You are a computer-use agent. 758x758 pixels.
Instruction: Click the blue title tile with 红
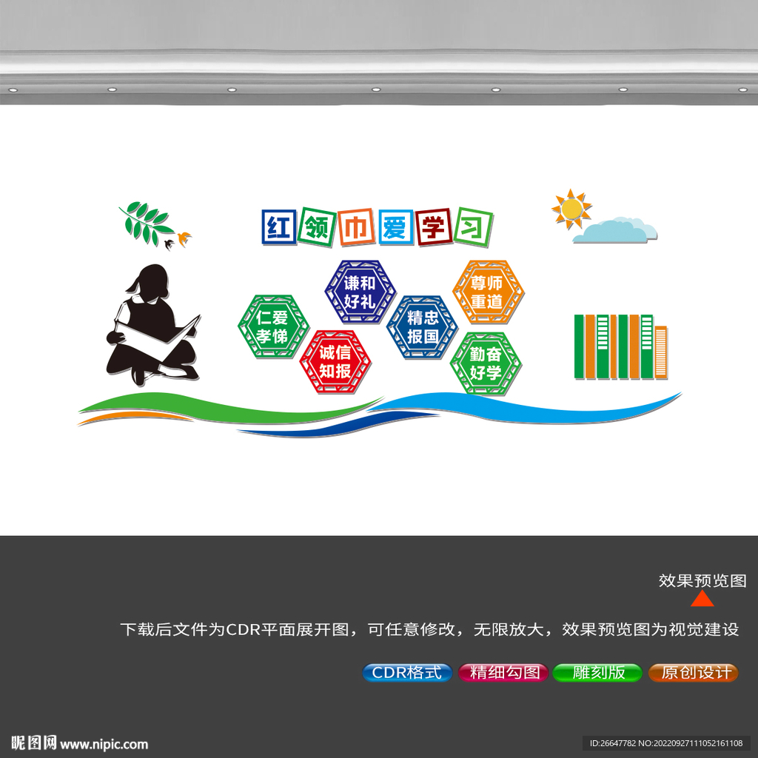pos(279,227)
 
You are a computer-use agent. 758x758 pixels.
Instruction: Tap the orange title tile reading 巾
pos(356,227)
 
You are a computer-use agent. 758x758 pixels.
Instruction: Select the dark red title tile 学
pos(434,227)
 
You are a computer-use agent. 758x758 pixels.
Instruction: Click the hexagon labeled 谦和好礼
pos(360,292)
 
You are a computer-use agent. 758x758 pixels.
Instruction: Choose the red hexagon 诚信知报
pos(335,361)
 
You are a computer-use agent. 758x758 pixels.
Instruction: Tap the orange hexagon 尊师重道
pos(489,292)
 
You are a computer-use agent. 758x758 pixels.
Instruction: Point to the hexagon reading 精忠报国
pos(422,326)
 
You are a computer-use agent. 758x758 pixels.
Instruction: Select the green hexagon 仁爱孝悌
pos(273,326)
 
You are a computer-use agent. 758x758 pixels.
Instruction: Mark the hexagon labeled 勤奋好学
pos(486,363)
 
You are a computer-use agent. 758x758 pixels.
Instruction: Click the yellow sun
pos(571,209)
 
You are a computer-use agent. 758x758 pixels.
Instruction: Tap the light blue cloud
pos(615,230)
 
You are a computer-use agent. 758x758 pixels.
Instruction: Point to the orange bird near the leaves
pos(184,238)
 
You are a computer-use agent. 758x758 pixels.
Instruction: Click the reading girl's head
pos(151,281)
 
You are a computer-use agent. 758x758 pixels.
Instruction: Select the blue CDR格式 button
pos(407,672)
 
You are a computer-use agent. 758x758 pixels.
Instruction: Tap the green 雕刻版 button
pos(597,672)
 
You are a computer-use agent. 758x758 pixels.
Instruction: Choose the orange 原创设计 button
pos(693,672)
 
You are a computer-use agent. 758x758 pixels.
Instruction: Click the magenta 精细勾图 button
pos(503,672)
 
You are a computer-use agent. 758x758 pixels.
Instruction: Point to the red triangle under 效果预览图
pos(702,600)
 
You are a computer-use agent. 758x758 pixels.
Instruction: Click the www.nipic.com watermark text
pos(104,744)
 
